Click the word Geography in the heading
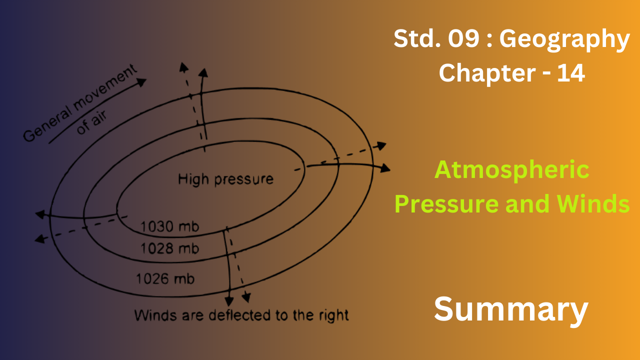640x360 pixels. (x=564, y=40)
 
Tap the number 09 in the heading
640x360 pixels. (x=463, y=38)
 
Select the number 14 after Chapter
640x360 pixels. (x=571, y=73)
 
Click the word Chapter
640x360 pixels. (x=487, y=73)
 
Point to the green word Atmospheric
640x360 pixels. (x=512, y=170)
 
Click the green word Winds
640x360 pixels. (x=593, y=203)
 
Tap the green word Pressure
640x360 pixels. (x=446, y=204)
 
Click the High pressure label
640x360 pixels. (x=225, y=179)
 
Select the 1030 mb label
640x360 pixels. (x=169, y=226)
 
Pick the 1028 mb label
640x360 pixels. (x=169, y=248)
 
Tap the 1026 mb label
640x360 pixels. (x=165, y=278)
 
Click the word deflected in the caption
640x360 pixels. (x=240, y=315)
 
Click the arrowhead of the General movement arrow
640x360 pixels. (x=141, y=82)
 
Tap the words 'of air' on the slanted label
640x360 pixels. (x=92, y=122)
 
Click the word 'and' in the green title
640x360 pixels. (x=527, y=203)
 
